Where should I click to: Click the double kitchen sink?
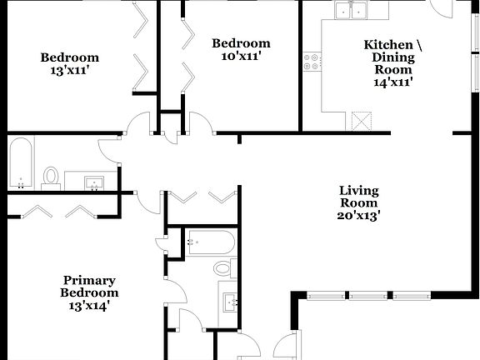(x=352, y=11)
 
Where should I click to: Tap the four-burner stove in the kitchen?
(x=312, y=61)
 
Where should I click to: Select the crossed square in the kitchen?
(x=361, y=121)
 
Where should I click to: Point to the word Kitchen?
(x=387, y=43)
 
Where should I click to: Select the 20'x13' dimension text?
(x=358, y=215)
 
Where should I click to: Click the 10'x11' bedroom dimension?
(x=241, y=57)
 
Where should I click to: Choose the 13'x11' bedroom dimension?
(x=70, y=71)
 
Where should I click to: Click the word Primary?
(x=89, y=280)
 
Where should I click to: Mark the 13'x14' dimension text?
(x=89, y=305)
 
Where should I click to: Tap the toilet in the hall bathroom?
(x=51, y=177)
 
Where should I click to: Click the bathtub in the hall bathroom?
(x=21, y=163)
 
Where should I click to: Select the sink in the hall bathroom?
(x=93, y=182)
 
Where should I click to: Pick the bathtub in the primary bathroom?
(x=210, y=242)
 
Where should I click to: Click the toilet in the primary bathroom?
(x=223, y=267)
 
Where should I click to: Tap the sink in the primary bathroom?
(x=229, y=300)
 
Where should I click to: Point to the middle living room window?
(x=371, y=295)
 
